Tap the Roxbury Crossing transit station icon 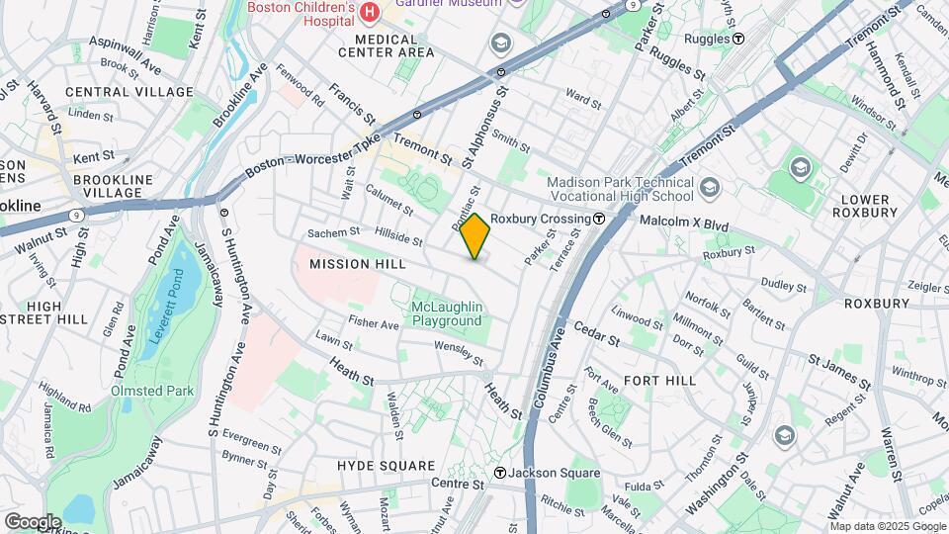click(x=599, y=218)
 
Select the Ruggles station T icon click(x=737, y=39)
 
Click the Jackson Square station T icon click(x=501, y=473)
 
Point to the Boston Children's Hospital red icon click(x=370, y=12)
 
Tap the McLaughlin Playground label click(x=447, y=313)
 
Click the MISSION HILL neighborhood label click(x=343, y=265)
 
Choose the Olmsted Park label click(x=152, y=391)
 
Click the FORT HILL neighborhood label click(x=659, y=380)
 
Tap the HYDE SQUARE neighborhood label click(x=386, y=465)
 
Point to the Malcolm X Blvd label click(x=684, y=224)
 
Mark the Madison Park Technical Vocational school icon click(x=709, y=186)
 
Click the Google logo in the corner click(x=32, y=521)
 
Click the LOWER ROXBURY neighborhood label click(x=866, y=205)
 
